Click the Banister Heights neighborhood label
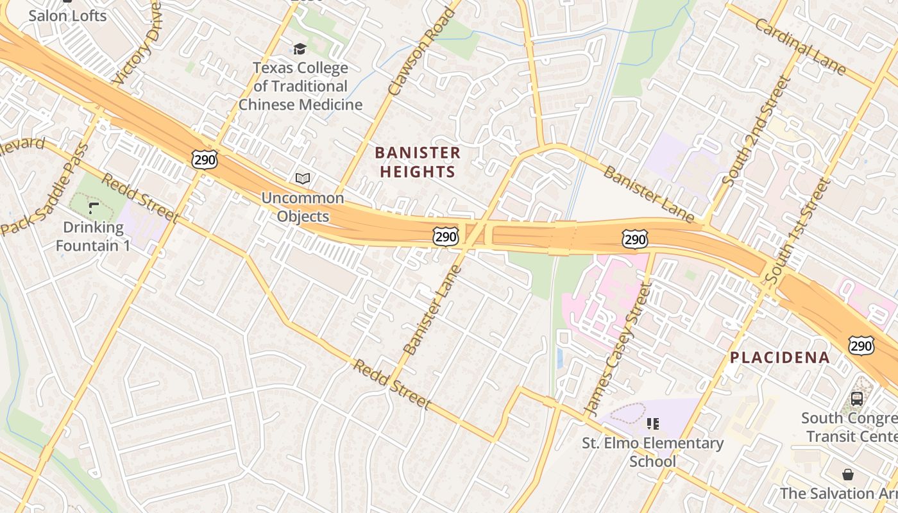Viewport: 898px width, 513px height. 418,162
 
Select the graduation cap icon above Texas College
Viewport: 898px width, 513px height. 300,49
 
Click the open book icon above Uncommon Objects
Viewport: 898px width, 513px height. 302,179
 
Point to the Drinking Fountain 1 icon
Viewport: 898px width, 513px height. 94,208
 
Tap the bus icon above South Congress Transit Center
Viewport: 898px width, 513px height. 856,399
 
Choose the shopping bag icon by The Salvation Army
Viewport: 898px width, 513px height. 848,475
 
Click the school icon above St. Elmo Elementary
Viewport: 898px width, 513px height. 652,423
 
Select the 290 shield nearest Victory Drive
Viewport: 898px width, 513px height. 205,160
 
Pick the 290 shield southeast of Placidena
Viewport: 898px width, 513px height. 860,346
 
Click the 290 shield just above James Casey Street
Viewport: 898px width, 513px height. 634,240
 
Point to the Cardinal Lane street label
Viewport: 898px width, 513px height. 800,46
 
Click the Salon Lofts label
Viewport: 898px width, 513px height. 67,15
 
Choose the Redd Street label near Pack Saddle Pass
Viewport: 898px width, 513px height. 140,198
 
